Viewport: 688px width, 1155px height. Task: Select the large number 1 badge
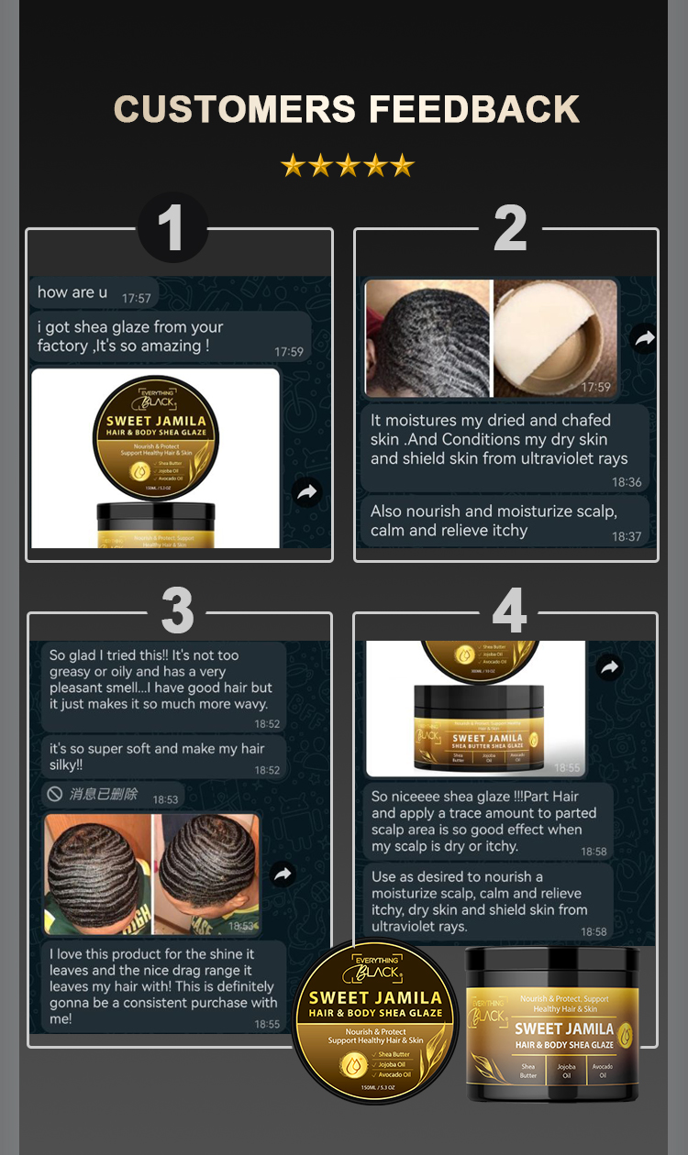[172, 228]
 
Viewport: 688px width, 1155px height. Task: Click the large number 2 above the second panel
[510, 228]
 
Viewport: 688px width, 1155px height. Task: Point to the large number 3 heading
[177, 610]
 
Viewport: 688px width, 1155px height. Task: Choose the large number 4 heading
[509, 610]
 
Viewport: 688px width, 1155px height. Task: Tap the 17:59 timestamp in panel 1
[288, 352]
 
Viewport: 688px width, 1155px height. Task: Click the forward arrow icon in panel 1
[306, 492]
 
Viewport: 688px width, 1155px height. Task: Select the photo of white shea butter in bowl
[555, 338]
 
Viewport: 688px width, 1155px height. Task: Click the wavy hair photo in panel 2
[427, 338]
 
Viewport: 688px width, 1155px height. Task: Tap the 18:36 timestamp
[627, 482]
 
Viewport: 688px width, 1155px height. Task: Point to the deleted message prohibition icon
[55, 794]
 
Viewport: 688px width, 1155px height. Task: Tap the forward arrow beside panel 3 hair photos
[283, 874]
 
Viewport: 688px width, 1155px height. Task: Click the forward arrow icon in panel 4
[610, 667]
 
